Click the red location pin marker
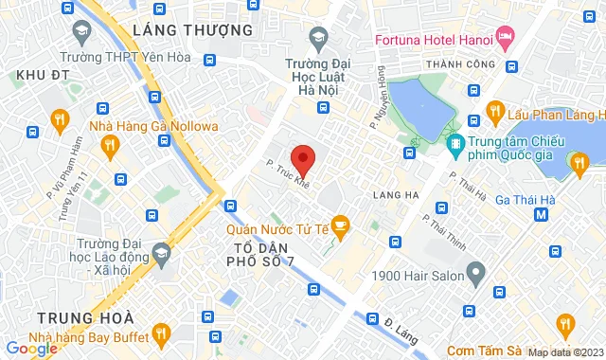[x=302, y=158]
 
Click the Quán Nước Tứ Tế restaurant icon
[x=341, y=225]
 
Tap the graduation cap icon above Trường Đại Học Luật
[x=318, y=37]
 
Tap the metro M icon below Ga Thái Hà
[x=542, y=214]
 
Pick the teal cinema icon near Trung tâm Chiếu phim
[x=456, y=144]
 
